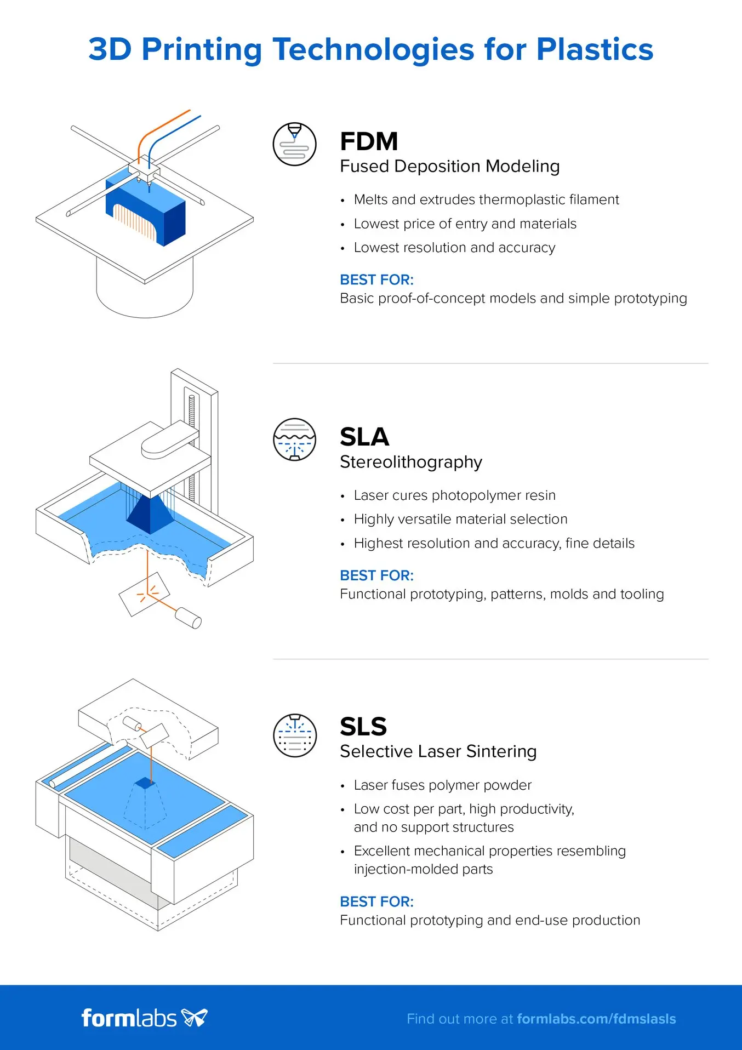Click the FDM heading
(x=368, y=141)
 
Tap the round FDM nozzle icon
(x=295, y=144)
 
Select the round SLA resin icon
(x=295, y=440)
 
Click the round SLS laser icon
(x=295, y=735)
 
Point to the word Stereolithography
(x=410, y=462)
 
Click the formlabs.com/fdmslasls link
(x=596, y=1019)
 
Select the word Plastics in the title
(x=595, y=49)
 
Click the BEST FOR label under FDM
(x=376, y=279)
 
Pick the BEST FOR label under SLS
(x=376, y=901)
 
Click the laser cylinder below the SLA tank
(x=188, y=618)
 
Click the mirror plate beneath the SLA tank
(x=144, y=595)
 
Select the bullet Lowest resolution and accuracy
(x=454, y=248)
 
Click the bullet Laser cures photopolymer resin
(x=454, y=495)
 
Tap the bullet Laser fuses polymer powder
(x=442, y=785)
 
